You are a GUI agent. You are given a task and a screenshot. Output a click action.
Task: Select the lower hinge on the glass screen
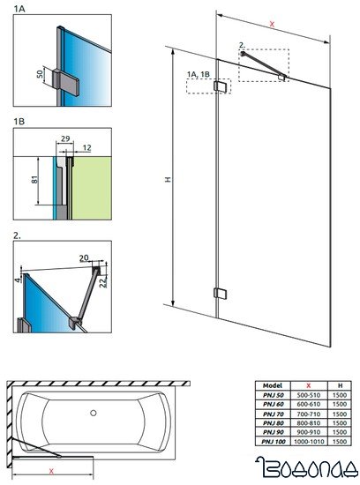221,293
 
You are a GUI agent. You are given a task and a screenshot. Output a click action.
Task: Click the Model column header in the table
272,385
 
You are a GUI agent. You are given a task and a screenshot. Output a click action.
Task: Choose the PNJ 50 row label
272,395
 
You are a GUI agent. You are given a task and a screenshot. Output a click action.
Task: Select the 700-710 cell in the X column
308,414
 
